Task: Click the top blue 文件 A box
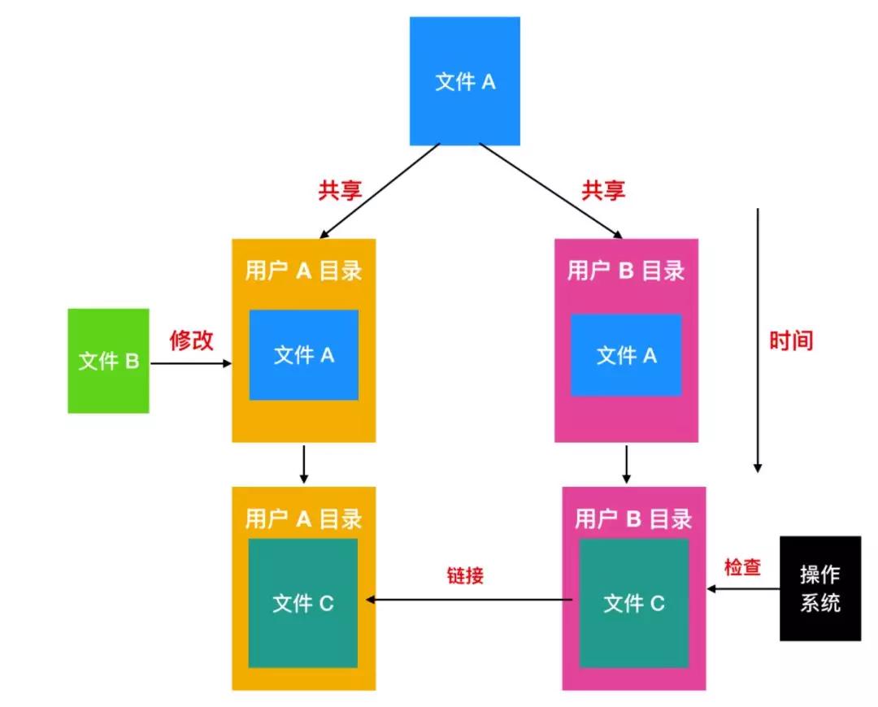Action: (x=465, y=81)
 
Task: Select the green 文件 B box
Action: (x=109, y=361)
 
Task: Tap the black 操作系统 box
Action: (x=819, y=588)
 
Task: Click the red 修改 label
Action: (x=192, y=340)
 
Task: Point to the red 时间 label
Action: (x=791, y=340)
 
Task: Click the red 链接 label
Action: (x=466, y=575)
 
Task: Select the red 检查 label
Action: (x=741, y=567)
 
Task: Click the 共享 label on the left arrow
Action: (x=340, y=190)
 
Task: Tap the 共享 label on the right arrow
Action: (x=603, y=190)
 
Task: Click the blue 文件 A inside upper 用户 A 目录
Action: (x=303, y=355)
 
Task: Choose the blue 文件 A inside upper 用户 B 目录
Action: (x=626, y=355)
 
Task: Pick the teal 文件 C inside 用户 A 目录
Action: (x=303, y=603)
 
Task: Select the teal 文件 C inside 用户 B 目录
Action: (x=634, y=603)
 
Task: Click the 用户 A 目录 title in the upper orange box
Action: (x=303, y=271)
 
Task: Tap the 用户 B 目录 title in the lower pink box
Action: (x=634, y=518)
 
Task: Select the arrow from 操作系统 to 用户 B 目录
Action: (x=742, y=589)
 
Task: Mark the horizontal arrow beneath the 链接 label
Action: (x=472, y=601)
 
